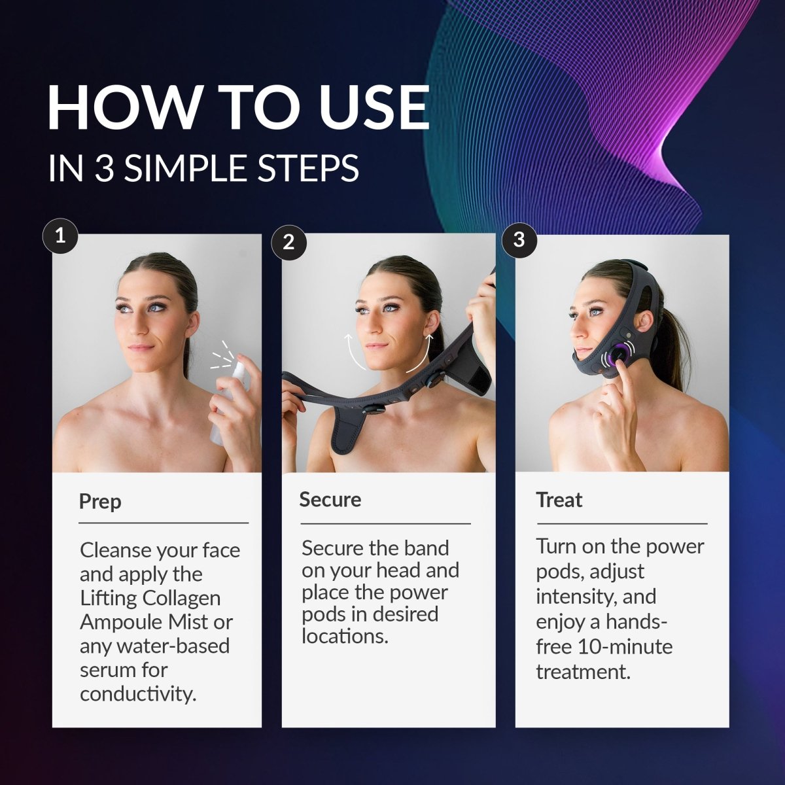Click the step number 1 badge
point(60,236)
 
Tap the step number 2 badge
point(289,243)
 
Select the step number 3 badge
point(519,239)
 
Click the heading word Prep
point(100,502)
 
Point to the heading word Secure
point(330,500)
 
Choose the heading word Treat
point(559,500)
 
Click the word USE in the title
point(374,107)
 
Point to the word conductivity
point(138,694)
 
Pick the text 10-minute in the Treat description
point(623,647)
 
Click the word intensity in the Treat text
point(576,597)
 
